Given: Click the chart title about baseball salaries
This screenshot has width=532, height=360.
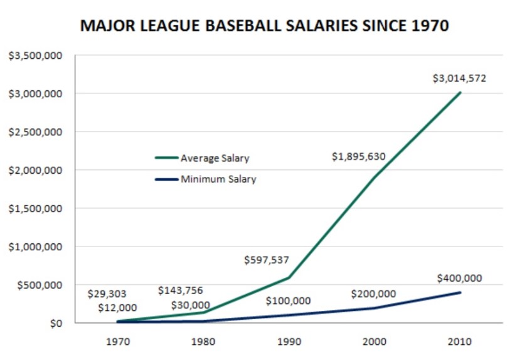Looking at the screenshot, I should point(264,27).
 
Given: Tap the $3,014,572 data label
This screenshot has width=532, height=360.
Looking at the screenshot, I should point(459,79).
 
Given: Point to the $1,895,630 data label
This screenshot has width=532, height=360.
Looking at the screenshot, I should point(358,157).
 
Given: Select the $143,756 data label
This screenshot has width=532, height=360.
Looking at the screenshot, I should point(180,290).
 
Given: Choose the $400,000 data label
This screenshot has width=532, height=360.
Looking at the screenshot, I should point(459,278).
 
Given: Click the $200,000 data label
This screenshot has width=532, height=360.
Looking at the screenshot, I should point(373,294).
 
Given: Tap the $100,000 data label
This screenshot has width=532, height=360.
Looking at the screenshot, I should point(288,301).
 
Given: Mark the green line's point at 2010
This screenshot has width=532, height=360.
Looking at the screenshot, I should point(460,93).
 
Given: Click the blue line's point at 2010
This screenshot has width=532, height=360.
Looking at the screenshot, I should point(460,292).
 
